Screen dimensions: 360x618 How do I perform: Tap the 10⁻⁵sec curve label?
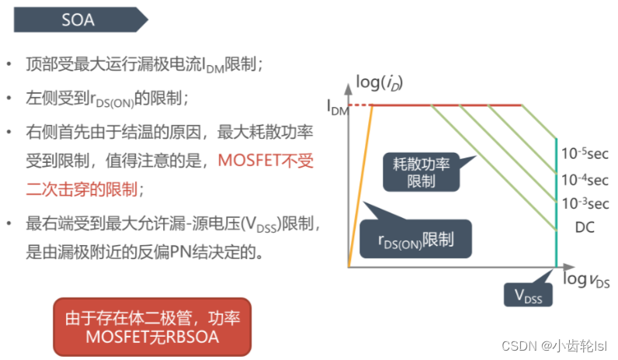point(585,154)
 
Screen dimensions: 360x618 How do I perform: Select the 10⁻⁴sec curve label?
point(585,180)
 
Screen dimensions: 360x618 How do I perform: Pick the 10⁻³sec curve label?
point(585,204)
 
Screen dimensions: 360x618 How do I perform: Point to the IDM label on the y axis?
point(339,108)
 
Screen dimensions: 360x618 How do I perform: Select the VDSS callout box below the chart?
point(527,295)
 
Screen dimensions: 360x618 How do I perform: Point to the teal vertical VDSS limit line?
point(555,202)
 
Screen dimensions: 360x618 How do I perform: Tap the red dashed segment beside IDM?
point(361,105)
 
